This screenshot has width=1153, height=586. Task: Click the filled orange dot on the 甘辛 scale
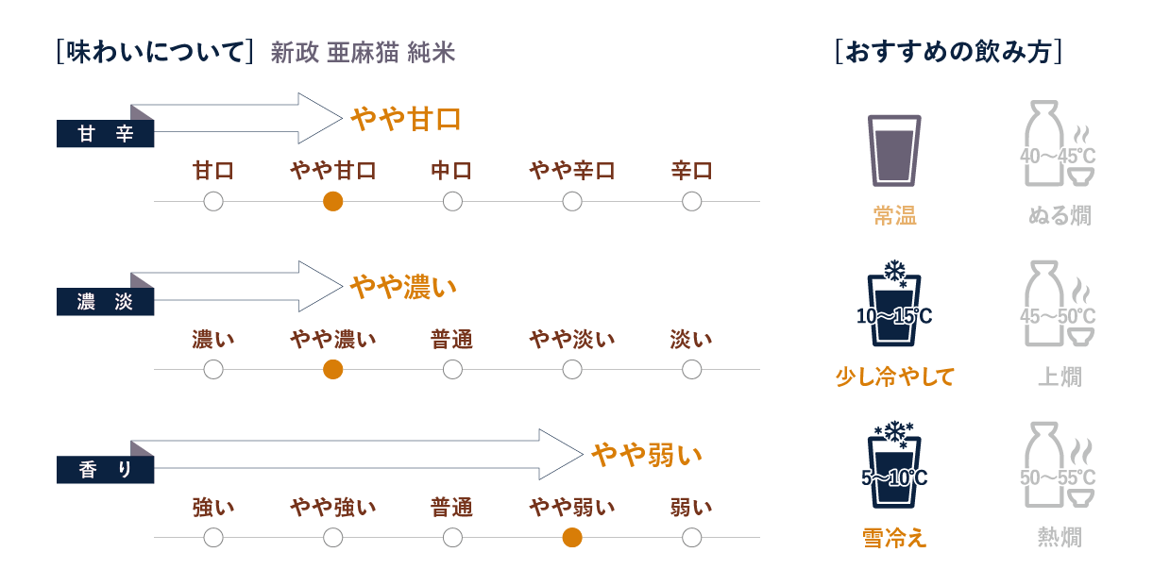pyautogui.click(x=332, y=201)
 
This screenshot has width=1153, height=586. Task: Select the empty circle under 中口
pyautogui.click(x=452, y=201)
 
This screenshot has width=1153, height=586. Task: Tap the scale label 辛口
pyautogui.click(x=691, y=171)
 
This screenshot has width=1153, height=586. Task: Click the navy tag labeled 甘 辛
pyautogui.click(x=106, y=135)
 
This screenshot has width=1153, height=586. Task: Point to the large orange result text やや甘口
pyautogui.click(x=406, y=119)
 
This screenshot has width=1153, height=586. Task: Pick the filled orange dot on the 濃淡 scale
pyautogui.click(x=332, y=370)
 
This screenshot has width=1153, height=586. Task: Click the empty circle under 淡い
pyautogui.click(x=691, y=370)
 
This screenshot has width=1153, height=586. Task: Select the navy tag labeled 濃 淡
pyautogui.click(x=106, y=303)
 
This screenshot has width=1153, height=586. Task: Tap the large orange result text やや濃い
pyautogui.click(x=403, y=287)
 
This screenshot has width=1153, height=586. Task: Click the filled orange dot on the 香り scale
pyautogui.click(x=571, y=538)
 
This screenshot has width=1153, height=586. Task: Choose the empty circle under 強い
pyautogui.click(x=213, y=538)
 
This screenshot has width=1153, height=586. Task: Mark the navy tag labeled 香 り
pyautogui.click(x=106, y=470)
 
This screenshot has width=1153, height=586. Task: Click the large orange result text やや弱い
pyautogui.click(x=647, y=455)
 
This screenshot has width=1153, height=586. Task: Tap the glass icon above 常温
pyautogui.click(x=893, y=150)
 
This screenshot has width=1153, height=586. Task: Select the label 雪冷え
pyautogui.click(x=893, y=538)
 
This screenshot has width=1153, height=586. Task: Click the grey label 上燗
pyautogui.click(x=1060, y=377)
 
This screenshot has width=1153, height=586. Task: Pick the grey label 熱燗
pyautogui.click(x=1060, y=538)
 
